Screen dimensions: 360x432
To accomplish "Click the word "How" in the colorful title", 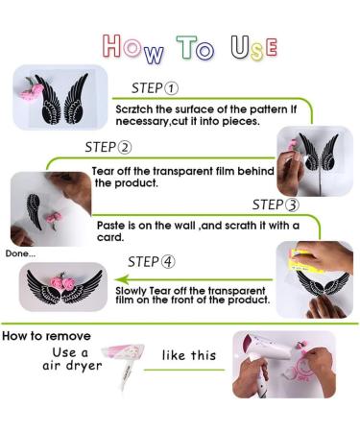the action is point(133,49).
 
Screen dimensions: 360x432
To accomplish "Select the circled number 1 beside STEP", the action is point(171,88).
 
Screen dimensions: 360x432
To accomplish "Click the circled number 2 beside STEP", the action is point(125,148).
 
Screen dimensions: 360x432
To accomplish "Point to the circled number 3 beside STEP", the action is point(292,205).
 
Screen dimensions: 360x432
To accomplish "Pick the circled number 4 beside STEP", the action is point(168,262).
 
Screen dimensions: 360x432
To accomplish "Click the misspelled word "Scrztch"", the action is point(134,109).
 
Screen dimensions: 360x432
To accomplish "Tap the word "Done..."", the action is point(20,253).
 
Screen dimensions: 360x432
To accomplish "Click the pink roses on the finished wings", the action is point(63,282).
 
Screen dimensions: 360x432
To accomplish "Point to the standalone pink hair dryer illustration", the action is point(124,364).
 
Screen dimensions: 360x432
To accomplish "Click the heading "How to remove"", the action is point(46,336).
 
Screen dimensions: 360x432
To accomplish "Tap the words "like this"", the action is point(189,355).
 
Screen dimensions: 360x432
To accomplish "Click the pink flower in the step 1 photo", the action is point(32,90).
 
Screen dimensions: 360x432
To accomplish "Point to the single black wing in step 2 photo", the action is point(35,211).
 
